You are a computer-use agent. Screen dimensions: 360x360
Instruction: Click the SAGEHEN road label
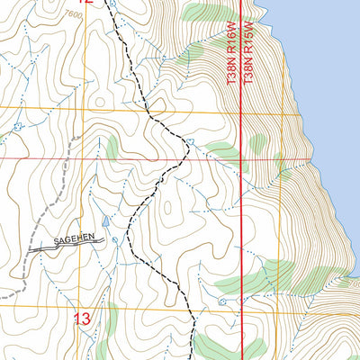point(78,239)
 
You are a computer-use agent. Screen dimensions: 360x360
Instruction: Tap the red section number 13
point(82,318)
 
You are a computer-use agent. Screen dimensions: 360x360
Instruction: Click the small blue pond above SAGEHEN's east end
point(106,220)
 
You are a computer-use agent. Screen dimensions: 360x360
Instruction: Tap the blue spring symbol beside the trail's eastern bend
point(191,141)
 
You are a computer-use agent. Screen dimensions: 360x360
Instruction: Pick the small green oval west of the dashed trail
point(112,147)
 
